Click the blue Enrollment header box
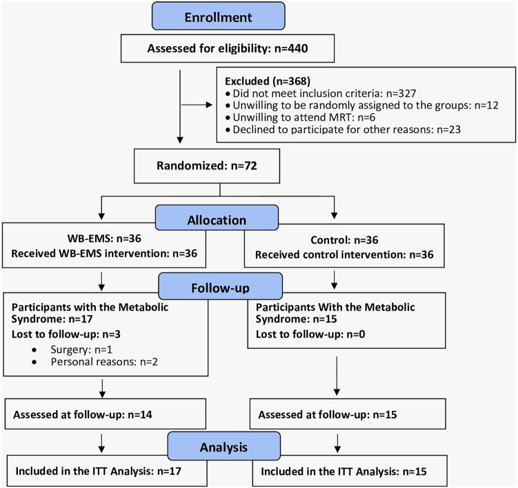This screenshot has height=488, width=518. click(x=219, y=16)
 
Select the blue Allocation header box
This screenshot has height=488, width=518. click(x=217, y=218)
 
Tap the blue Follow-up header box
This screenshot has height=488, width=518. click(x=220, y=286)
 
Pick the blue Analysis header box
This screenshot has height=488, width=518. click(x=223, y=446)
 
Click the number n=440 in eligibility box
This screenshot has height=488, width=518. click(x=291, y=48)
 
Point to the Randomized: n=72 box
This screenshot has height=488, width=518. click(x=207, y=165)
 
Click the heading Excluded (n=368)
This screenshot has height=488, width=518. click(x=268, y=81)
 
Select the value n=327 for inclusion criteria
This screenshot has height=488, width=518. click(x=401, y=94)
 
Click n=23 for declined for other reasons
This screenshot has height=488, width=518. click(x=448, y=130)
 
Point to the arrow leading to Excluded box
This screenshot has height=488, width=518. click(x=197, y=105)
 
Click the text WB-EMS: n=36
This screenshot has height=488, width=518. click(x=104, y=238)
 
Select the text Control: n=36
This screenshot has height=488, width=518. click(x=344, y=240)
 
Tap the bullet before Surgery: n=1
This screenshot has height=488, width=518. click(x=34, y=349)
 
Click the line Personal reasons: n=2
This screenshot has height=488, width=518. click(x=104, y=362)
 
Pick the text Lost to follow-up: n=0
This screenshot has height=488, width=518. click(x=310, y=334)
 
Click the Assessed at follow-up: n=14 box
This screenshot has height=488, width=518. click(x=106, y=414)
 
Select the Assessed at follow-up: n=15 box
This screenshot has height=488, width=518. click(x=348, y=414)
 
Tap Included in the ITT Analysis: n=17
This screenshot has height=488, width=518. click(x=99, y=471)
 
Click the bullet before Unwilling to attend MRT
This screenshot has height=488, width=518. click(x=228, y=118)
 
